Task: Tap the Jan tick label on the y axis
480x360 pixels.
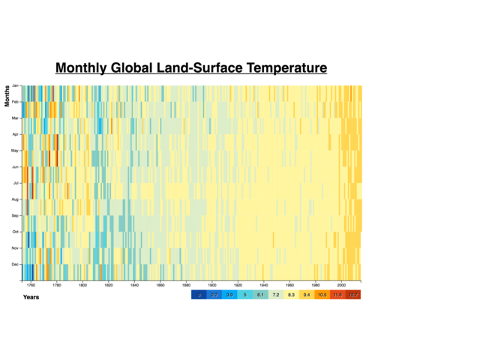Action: [15, 86]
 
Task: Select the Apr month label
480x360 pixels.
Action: [15, 134]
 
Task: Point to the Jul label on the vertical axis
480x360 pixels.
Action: [15, 183]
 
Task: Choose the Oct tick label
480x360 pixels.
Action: [15, 232]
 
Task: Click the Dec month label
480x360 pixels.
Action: [15, 264]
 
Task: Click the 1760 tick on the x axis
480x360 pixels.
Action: [31, 286]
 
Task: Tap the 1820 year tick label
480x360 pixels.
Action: [109, 286]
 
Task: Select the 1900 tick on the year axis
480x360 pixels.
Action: [212, 286]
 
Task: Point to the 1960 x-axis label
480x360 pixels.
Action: [289, 286]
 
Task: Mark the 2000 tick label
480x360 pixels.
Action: [341, 286]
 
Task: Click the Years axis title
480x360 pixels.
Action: [31, 297]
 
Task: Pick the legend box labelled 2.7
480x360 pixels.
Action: [214, 295]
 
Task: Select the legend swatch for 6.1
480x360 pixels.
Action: [260, 295]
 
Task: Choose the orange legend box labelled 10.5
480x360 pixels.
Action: [322, 295]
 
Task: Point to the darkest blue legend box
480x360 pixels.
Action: [199, 295]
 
